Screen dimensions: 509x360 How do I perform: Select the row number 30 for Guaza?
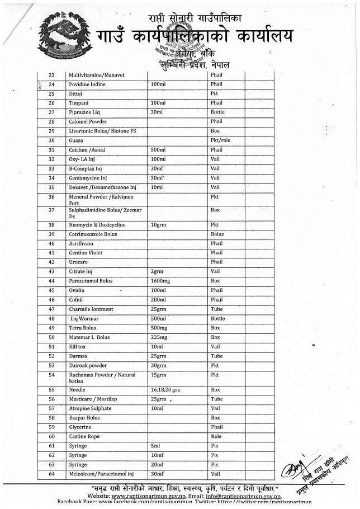pos(51,140)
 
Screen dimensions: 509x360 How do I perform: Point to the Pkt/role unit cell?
pos(220,140)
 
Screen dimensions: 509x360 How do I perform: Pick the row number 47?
pos(51,309)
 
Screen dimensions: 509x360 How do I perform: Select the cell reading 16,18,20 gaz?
pos(167,389)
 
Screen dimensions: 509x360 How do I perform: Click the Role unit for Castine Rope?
pos(216,436)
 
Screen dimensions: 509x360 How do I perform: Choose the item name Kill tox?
pos(77,347)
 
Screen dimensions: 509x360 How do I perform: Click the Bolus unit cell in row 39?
pos(217,234)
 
